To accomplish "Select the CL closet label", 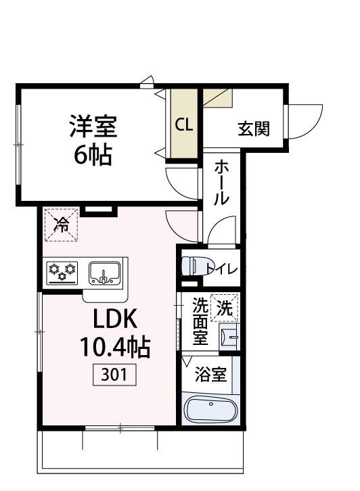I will pos(184,124).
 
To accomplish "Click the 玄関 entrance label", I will pos(254,128).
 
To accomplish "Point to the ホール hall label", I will pos(222,183).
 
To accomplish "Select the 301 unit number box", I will pos(115,374).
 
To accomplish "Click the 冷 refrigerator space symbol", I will pos(62,225).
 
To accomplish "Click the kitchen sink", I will pos(104,273).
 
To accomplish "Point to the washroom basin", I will pos(229,334).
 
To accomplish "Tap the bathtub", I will pos(210,410).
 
